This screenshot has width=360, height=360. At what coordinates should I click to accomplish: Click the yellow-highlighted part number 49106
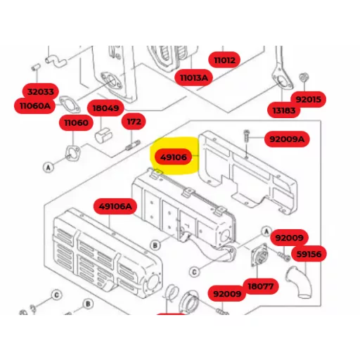point(174,157)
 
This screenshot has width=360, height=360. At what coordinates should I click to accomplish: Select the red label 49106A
point(115,207)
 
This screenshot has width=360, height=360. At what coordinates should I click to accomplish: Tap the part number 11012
point(224,60)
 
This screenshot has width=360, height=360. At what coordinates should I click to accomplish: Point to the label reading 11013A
point(194,77)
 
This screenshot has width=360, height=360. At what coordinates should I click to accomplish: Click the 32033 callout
point(41,91)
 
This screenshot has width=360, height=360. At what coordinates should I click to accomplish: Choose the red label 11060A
point(35,105)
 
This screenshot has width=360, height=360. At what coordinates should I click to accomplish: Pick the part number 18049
point(105,108)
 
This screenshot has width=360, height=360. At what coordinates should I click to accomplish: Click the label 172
point(134,122)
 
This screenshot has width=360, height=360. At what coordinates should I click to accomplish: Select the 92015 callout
point(308,99)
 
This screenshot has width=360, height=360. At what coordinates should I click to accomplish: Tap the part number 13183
point(284,110)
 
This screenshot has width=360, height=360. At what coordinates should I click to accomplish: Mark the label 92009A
point(287,139)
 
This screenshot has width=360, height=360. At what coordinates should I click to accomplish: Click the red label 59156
point(309,254)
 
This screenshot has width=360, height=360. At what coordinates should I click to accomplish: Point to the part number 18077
point(260,286)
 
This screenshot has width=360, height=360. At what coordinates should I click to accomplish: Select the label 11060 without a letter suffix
point(76,122)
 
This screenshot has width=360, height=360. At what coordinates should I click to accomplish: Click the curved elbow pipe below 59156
point(300,282)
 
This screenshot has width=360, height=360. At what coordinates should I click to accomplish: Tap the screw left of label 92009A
point(246,136)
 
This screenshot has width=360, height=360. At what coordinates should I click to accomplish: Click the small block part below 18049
point(103,135)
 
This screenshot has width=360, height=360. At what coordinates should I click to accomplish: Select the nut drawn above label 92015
point(304,77)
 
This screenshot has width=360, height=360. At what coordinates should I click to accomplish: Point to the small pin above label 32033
point(35,67)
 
